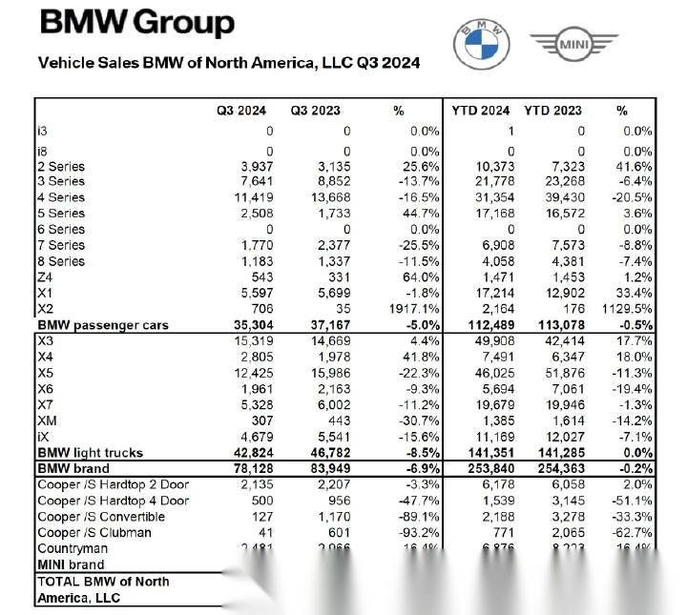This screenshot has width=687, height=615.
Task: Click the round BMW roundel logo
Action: click(481, 44)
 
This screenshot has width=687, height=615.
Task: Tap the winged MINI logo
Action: click(574, 43)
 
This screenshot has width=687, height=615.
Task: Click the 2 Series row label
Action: click(60, 166)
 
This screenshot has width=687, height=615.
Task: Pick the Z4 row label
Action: click(46, 277)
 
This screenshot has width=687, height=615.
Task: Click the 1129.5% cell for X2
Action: click(625, 309)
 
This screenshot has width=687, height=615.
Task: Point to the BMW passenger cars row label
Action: click(102, 325)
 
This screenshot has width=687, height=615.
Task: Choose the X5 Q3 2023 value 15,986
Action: click(328, 373)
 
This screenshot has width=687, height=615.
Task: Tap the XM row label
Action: click(47, 420)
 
